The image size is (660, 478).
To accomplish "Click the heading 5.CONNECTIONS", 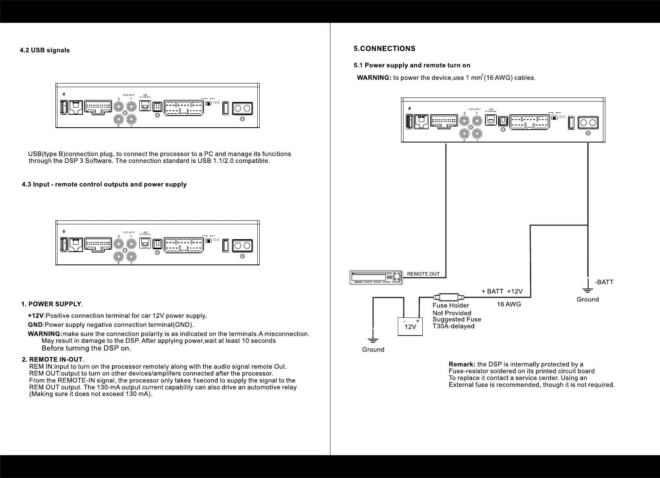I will coord(384,49).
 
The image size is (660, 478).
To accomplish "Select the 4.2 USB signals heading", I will coord(45,50).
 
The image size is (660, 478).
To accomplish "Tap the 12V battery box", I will coord(410,326).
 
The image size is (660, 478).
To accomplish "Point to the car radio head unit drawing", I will coord(376,277).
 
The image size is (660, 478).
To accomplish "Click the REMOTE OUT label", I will coord(423,274).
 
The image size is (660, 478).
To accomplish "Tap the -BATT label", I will coord(604,282).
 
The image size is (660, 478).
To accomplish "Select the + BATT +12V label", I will coord(502,291).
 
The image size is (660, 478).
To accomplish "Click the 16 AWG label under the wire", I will coord(509,304).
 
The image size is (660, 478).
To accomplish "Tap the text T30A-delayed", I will coord(453,326).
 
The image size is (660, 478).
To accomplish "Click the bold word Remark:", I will coord(462,364).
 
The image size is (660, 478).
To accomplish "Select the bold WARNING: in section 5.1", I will coord(374,78).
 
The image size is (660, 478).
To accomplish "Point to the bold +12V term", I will coord(36,316).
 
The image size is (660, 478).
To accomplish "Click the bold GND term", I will coord(35,325).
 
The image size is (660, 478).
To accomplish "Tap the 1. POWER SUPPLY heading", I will coord(51,304).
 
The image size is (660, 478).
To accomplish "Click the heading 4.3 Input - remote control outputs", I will coord(104,185).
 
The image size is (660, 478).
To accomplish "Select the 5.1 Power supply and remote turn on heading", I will coord(411,65).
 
